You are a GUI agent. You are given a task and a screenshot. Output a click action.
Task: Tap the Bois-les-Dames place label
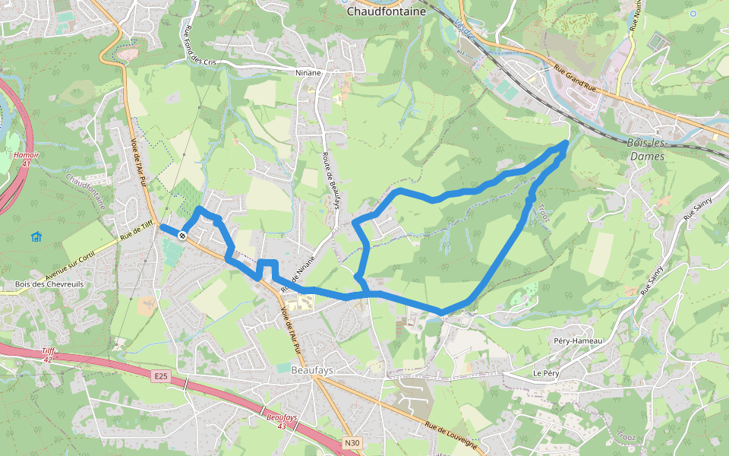647,150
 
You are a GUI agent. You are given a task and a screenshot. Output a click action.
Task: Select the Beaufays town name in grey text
312,370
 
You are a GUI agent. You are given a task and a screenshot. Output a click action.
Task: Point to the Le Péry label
545,374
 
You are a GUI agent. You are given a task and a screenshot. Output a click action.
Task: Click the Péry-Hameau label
578,341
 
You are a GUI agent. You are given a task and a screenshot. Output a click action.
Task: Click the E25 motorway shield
159,375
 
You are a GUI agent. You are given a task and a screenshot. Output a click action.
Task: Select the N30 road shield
351,442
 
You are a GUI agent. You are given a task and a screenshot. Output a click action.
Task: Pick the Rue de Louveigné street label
451,436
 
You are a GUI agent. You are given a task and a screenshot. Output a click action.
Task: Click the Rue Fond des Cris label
196,44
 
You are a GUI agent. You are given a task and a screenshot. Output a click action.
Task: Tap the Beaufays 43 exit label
282,421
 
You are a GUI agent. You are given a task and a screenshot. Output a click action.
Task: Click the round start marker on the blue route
183,236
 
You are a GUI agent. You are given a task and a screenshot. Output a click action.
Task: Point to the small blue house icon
36,236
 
